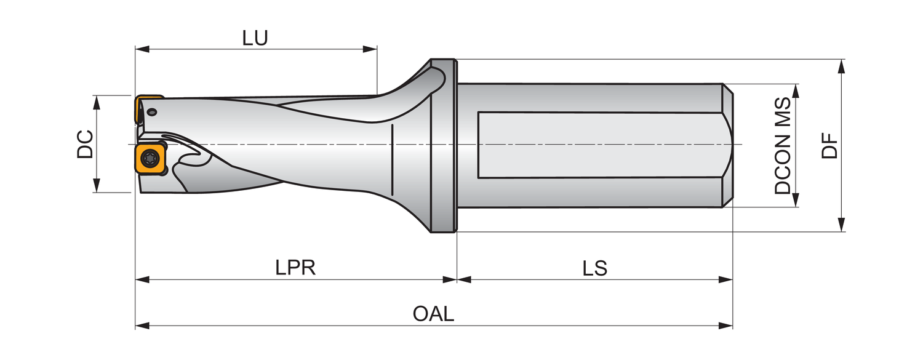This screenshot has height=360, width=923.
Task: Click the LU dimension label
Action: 255,38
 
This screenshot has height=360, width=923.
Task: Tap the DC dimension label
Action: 86,144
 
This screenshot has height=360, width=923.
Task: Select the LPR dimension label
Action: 295,268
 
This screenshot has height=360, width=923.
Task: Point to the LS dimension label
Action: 595,268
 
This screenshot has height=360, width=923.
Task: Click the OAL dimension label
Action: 434,314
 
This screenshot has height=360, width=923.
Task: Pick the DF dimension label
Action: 831,146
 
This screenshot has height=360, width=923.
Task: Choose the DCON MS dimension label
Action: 783,146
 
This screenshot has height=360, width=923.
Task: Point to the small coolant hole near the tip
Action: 152,112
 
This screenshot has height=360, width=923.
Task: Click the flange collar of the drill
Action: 443,146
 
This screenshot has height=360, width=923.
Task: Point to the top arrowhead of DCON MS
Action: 795,90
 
